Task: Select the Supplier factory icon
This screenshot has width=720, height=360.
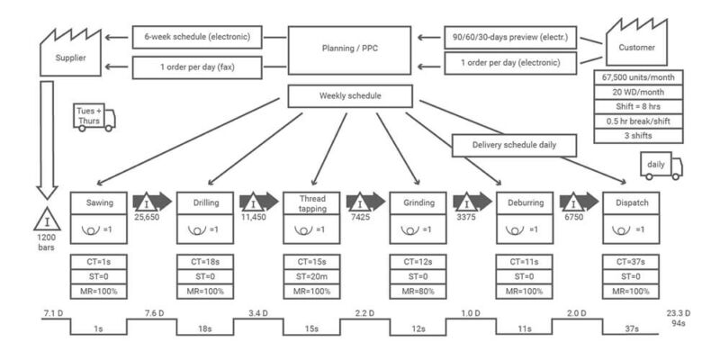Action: click(x=67, y=51)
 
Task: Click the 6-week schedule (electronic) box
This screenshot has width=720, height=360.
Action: click(x=198, y=38)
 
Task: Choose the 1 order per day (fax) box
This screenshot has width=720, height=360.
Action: click(x=198, y=66)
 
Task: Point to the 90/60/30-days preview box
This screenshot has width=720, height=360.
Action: click(x=511, y=38)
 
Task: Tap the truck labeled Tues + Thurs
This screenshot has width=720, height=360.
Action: click(x=94, y=117)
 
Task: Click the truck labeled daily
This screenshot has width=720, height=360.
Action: click(x=661, y=166)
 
